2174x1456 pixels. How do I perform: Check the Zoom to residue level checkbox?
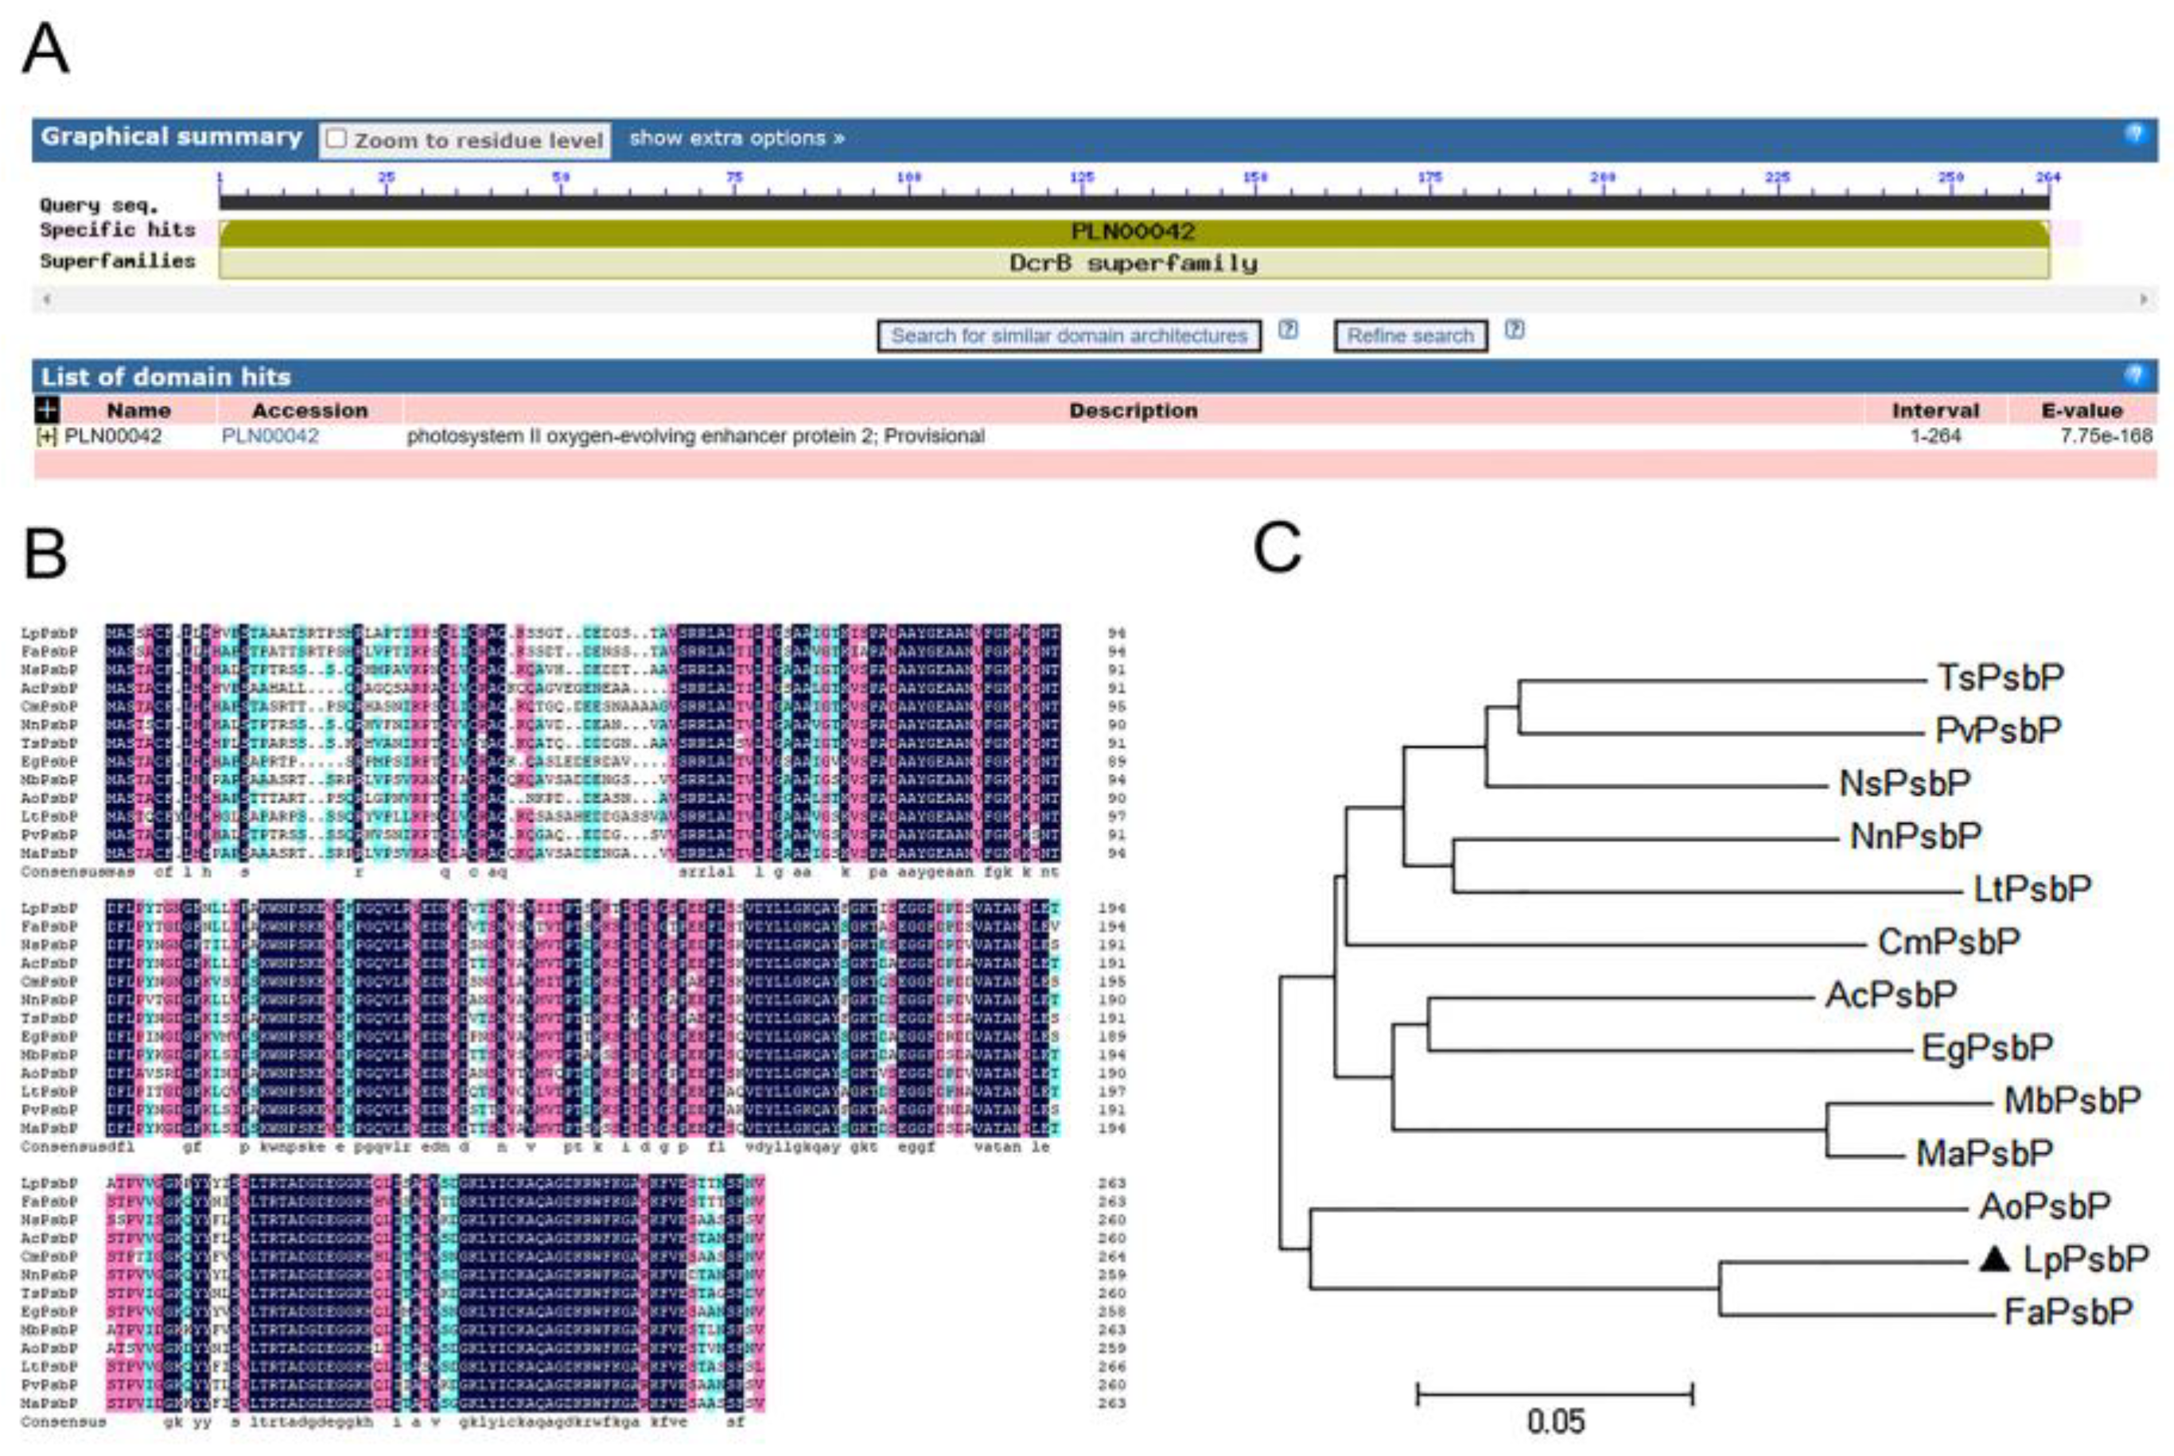[336, 139]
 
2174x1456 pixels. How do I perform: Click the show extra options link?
[737, 138]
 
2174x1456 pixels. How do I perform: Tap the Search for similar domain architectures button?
[1069, 336]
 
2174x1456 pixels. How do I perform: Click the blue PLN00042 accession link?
[270, 436]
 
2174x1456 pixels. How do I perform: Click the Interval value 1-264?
[1935, 436]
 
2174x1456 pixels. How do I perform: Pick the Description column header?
[1133, 410]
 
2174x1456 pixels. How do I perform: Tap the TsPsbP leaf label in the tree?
[2000, 678]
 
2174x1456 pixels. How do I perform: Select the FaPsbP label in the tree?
[2068, 1312]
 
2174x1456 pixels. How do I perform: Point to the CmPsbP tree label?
[1948, 942]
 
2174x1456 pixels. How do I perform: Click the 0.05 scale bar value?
[1555, 1422]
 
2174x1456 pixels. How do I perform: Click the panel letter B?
[45, 554]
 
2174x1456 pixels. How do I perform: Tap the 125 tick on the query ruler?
[1082, 177]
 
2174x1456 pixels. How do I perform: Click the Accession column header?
[309, 410]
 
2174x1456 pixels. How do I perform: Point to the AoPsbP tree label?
[2044, 1206]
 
